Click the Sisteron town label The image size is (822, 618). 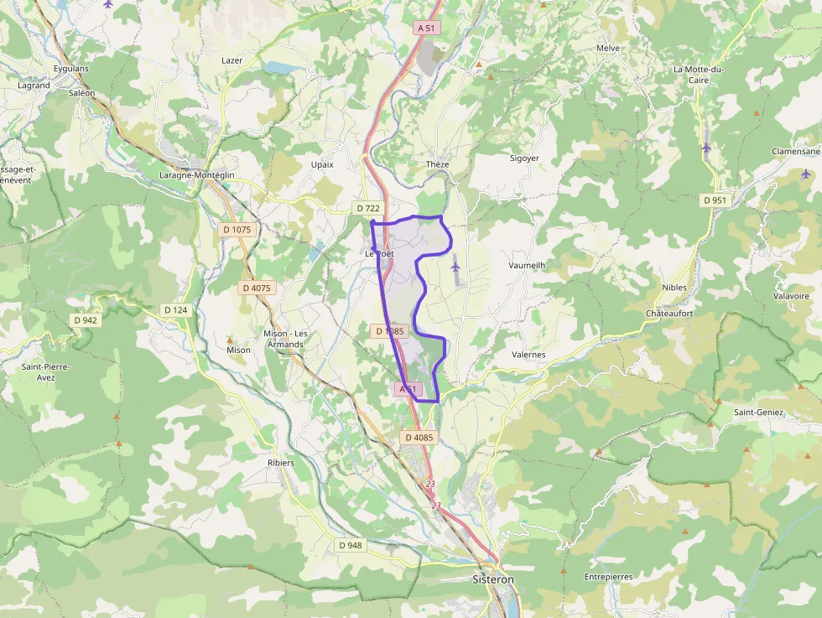[492, 579]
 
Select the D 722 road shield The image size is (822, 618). [368, 208]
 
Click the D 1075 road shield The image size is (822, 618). [237, 229]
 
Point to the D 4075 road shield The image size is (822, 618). [256, 288]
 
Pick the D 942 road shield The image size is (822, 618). [86, 319]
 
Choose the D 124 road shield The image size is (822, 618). [176, 310]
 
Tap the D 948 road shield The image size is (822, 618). [351, 545]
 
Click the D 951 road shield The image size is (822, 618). [715, 200]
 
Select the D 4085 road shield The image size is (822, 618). [419, 437]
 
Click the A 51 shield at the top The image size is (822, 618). [427, 28]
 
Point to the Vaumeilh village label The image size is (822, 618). [527, 265]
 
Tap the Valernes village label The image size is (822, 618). [528, 355]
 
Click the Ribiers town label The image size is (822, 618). [280, 462]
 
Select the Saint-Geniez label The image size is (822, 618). [758, 412]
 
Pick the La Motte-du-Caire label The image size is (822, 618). [698, 75]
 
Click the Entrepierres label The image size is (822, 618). [609, 577]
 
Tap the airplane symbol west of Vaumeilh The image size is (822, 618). [455, 267]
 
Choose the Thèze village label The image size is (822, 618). [438, 164]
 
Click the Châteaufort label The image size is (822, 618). [669, 313]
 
